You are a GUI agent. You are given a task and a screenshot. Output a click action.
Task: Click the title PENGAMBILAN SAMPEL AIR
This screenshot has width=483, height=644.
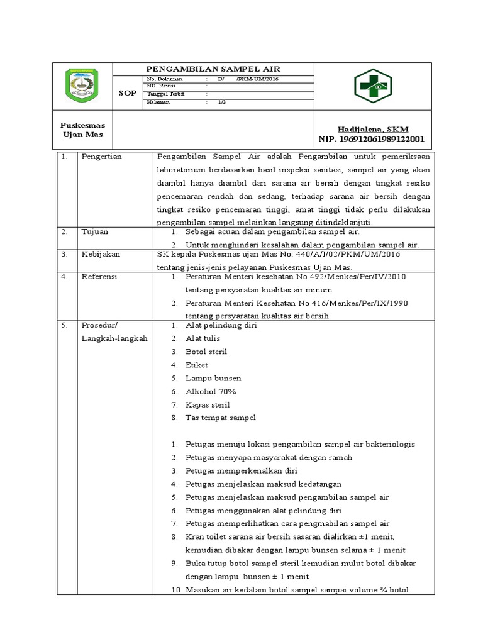click(x=213, y=69)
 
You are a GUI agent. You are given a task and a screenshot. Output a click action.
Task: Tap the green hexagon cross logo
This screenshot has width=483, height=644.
click(x=372, y=86)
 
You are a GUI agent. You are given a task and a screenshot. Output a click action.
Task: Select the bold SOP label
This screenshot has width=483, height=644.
click(x=128, y=93)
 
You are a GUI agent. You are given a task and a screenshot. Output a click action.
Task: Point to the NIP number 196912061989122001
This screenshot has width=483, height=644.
click(x=373, y=139)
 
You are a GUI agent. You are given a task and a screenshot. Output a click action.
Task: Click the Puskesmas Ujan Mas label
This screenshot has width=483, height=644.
click(x=83, y=130)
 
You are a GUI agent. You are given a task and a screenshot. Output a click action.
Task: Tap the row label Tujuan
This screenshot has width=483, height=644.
click(x=95, y=231)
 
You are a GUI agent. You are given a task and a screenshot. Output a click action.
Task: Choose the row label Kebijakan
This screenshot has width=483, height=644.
click(x=101, y=254)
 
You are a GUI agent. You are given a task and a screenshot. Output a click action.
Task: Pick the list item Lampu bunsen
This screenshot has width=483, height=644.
click(x=213, y=379)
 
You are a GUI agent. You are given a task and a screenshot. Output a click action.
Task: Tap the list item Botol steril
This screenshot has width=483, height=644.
click(x=206, y=352)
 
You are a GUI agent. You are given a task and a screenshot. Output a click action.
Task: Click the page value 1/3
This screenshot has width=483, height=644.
click(x=222, y=101)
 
